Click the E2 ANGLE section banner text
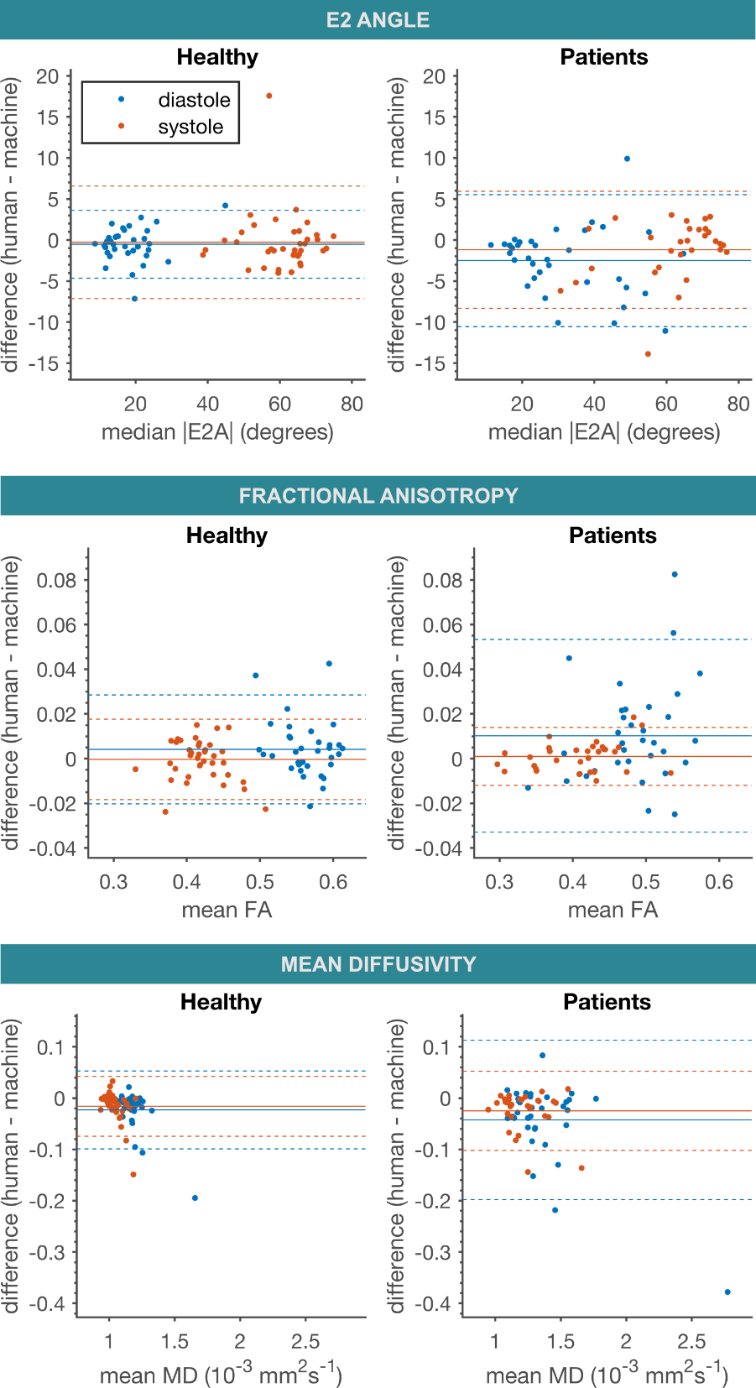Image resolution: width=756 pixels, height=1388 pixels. [x=378, y=20]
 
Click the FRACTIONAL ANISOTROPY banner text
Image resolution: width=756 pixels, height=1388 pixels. [x=378, y=496]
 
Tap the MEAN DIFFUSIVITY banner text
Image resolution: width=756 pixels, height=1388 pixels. [x=378, y=964]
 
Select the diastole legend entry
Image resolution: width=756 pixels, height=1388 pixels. [x=194, y=100]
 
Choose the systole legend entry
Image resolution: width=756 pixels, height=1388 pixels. [x=190, y=127]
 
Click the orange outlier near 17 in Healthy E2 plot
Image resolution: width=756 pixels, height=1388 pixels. [x=269, y=96]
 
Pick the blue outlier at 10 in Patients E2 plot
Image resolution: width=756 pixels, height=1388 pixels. [x=627, y=159]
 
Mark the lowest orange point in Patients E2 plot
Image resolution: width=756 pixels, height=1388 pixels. [x=648, y=354]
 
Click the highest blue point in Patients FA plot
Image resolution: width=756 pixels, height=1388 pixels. [x=675, y=575]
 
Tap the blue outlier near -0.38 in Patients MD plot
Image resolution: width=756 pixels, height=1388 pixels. [x=727, y=1291]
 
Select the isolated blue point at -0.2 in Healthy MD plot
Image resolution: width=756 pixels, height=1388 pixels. [x=195, y=1198]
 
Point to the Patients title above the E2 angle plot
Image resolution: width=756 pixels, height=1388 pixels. [x=604, y=57]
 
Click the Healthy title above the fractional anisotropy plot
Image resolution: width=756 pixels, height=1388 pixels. [x=227, y=535]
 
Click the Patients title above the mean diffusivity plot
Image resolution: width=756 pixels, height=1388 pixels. [x=607, y=1002]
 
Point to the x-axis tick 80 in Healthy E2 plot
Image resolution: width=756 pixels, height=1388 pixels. [x=352, y=404]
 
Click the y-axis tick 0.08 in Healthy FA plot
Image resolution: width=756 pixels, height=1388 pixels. [x=56, y=581]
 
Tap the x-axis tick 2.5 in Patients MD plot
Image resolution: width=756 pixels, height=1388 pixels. [x=691, y=1341]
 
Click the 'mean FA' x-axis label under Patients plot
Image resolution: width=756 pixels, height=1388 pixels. [x=613, y=910]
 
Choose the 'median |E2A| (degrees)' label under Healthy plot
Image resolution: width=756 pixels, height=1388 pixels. [x=217, y=432]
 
